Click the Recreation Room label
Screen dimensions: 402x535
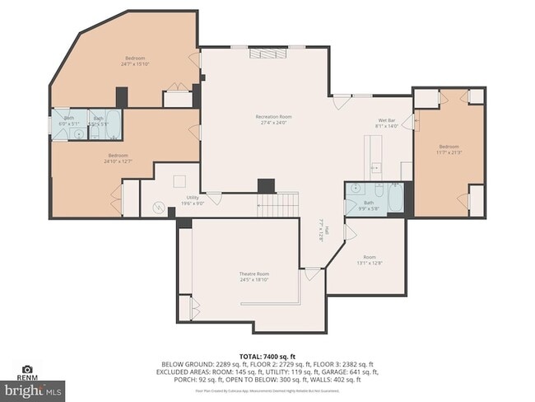tap(273, 117)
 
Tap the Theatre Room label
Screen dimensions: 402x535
tap(254, 273)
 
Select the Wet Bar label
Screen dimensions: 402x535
tap(387, 120)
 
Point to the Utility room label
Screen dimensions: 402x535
tap(193, 198)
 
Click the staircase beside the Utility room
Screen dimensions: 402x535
tap(277, 204)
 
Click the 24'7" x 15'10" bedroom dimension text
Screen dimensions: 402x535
tap(135, 65)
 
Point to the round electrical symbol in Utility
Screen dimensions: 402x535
tap(160, 208)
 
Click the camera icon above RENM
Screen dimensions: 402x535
tap(27, 370)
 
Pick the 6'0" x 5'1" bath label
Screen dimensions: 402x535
tap(69, 121)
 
